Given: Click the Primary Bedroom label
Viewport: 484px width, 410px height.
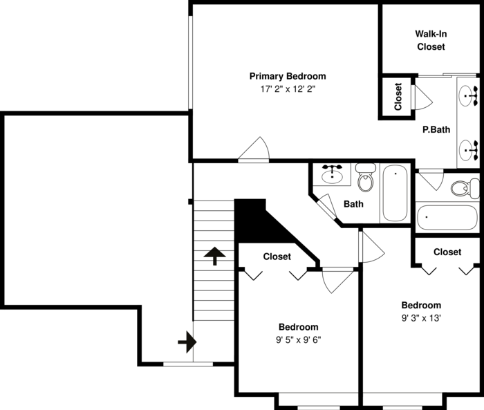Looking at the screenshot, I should pos(288,76).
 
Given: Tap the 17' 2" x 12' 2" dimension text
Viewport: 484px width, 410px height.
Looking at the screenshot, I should pos(288,89).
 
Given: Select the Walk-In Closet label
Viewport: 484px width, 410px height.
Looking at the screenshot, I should pos(430,40).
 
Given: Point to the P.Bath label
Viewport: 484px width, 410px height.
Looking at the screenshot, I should pos(436,129).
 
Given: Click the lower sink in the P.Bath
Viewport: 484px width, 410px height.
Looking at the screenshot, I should pos(470,148).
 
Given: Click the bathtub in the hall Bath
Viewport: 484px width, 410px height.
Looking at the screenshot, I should pos(395,193).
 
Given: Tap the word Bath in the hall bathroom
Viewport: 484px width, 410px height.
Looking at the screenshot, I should pos(353,204).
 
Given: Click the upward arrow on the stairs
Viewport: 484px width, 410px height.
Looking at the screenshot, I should pos(214,257).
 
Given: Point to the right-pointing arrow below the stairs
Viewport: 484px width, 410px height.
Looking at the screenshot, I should pos(187,342).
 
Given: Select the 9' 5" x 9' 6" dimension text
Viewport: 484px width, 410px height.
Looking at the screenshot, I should pos(299,339).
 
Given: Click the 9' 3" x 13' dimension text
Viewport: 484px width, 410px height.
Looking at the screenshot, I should pos(421,318).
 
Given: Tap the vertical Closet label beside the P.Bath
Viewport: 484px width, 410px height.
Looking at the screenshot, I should pos(398,97).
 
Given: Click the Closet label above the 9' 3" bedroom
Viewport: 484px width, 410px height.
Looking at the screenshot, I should pos(447,252).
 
